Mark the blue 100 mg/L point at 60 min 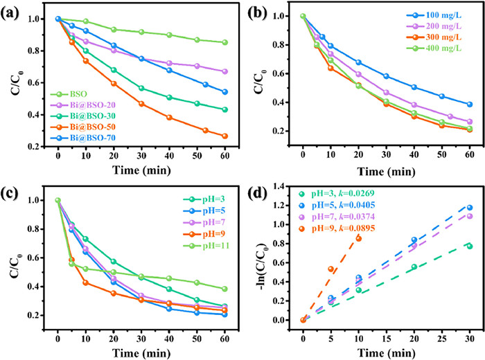469,105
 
